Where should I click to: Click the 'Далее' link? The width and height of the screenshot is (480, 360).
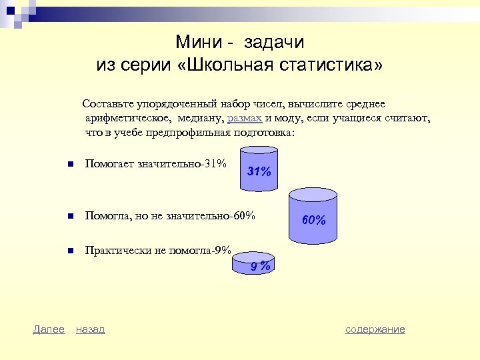pyautogui.click(x=49, y=329)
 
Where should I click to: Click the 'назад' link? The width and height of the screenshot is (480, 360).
pyautogui.click(x=90, y=329)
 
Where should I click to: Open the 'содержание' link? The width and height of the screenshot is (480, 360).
pyautogui.click(x=375, y=329)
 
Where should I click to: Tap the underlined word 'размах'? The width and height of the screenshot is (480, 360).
pyautogui.click(x=245, y=119)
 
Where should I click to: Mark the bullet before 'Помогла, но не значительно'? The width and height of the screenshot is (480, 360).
pyautogui.click(x=60, y=217)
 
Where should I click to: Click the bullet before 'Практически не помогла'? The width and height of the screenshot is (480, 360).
pyautogui.click(x=60, y=252)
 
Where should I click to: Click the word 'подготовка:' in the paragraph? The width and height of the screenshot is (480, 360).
pyautogui.click(x=261, y=133)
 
